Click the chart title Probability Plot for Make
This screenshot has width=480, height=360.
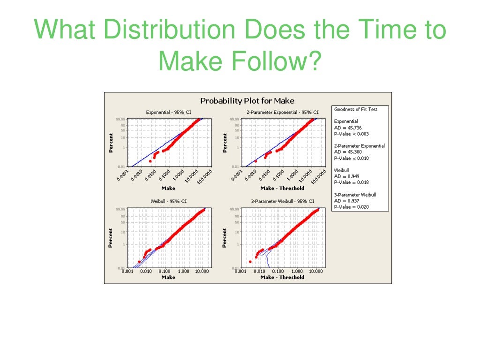pyautogui.click(x=247, y=101)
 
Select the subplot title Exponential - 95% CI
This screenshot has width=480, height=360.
pyautogui.click(x=168, y=112)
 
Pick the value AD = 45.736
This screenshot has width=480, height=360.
pyautogui.click(x=348, y=127)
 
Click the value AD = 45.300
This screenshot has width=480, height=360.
pyautogui.click(x=348, y=152)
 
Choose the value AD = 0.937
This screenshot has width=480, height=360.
pyautogui.click(x=347, y=201)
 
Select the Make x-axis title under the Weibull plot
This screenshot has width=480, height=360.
pyautogui.click(x=168, y=277)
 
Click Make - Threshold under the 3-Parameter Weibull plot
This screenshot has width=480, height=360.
pyautogui.click(x=282, y=277)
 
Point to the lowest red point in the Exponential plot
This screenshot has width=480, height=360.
pyautogui.click(x=150, y=161)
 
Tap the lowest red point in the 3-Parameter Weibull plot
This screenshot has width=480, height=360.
pyautogui.click(x=250, y=261)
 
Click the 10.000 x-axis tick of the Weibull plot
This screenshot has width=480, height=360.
pyautogui.click(x=202, y=271)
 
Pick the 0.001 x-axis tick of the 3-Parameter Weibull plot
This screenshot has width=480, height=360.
pyautogui.click(x=240, y=271)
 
